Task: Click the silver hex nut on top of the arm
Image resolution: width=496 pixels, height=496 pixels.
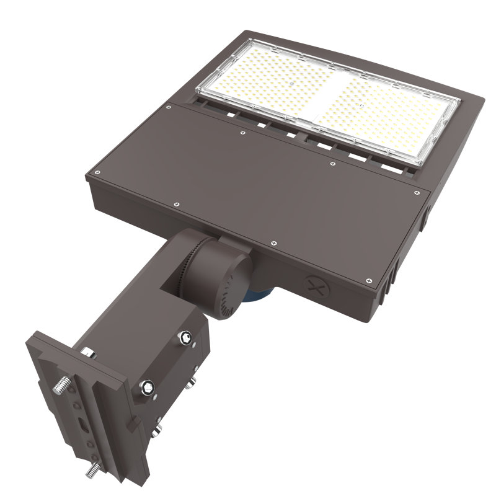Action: pyautogui.click(x=89, y=353)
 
